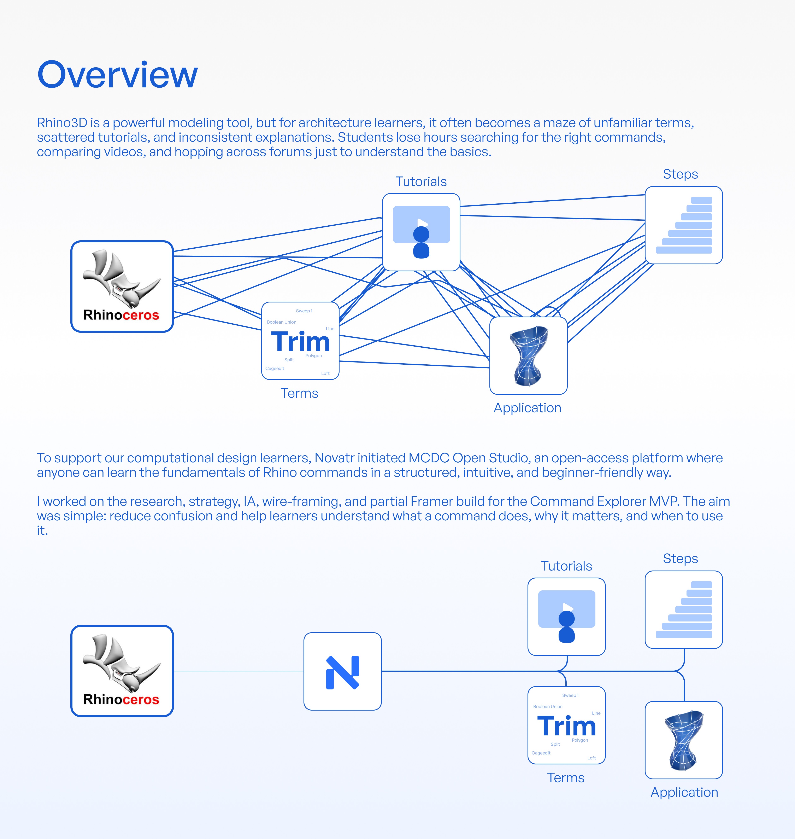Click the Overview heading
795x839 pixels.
tap(117, 75)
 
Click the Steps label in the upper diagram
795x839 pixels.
tap(680, 174)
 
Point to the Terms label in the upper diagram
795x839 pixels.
tap(299, 393)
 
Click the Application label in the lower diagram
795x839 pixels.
tap(684, 792)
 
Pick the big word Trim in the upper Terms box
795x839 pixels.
tap(300, 342)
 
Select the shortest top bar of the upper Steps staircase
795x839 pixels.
tap(701, 200)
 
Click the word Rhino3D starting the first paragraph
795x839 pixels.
tap(62, 123)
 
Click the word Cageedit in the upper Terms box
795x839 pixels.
tap(275, 368)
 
